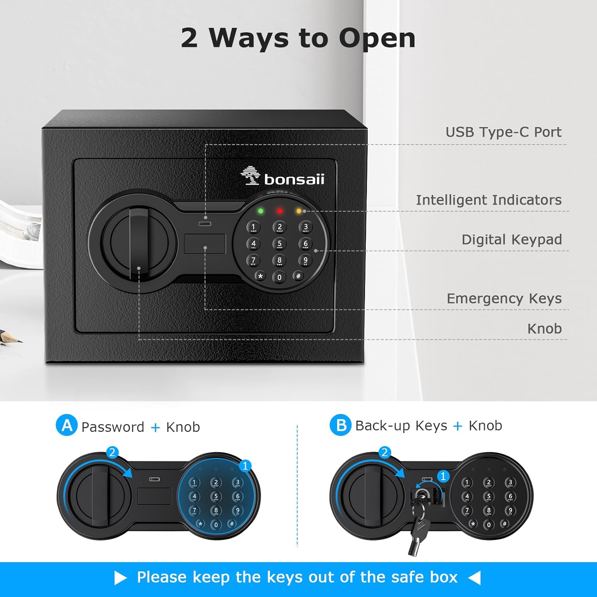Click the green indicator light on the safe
(x=261, y=211)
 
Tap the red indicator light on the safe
(x=280, y=211)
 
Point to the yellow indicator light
(x=299, y=211)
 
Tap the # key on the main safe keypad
(x=298, y=276)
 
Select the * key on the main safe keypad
(x=260, y=276)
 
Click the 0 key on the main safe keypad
(x=279, y=277)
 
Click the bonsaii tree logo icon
(x=250, y=176)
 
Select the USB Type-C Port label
(x=503, y=132)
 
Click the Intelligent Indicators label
(x=489, y=200)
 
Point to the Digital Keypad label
(x=512, y=240)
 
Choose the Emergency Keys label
(x=504, y=298)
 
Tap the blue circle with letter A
(x=66, y=425)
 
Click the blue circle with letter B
(x=340, y=425)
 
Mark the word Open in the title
(x=377, y=38)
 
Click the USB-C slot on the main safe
(x=205, y=224)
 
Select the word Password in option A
(x=113, y=427)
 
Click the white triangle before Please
(x=120, y=577)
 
